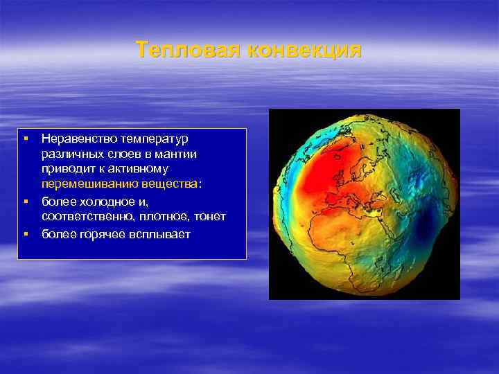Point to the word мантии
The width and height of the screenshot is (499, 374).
tap(177, 155)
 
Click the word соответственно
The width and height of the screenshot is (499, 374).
tap(87, 217)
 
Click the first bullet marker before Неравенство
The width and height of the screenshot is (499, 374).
tap(24, 140)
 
